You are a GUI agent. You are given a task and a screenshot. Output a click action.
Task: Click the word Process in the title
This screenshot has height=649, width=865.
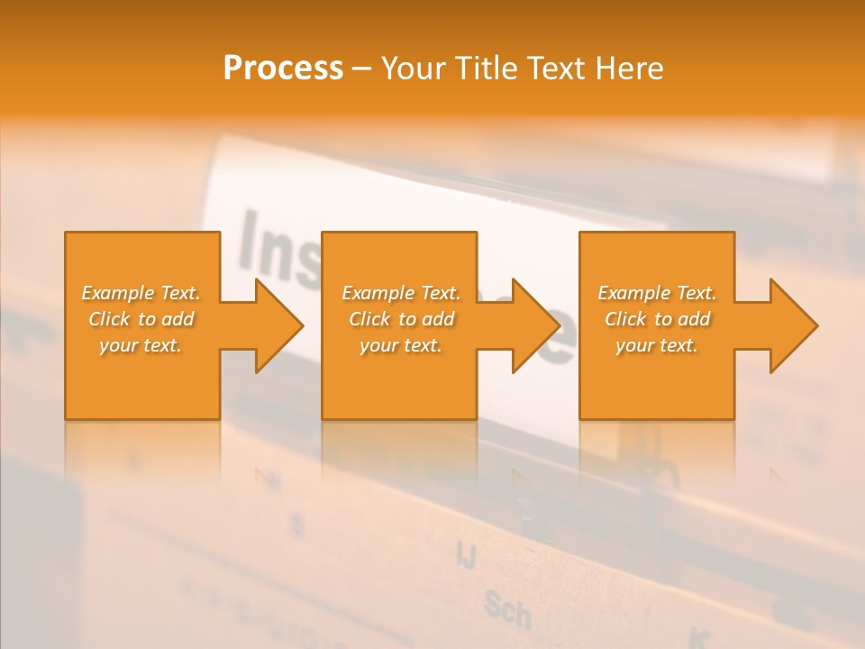point(283,69)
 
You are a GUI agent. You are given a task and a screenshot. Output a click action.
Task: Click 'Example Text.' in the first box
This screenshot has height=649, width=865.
point(141,293)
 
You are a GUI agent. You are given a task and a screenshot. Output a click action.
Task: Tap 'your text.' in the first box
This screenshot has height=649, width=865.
point(141,345)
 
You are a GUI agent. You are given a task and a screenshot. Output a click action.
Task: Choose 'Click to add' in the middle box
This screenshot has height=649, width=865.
point(401,319)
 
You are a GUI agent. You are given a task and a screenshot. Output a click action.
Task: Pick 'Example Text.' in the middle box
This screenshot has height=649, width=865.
point(401,293)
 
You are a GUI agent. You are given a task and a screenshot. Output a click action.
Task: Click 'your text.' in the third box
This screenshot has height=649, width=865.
point(657,345)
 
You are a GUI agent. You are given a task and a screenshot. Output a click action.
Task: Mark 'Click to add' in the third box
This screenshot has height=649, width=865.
point(657,319)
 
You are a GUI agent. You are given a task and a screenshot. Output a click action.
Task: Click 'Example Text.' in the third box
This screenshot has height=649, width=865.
point(657,293)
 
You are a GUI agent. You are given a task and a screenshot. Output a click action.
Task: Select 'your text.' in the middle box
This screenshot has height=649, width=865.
point(401,345)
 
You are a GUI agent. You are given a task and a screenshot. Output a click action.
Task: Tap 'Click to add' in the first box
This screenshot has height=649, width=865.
point(141,319)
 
